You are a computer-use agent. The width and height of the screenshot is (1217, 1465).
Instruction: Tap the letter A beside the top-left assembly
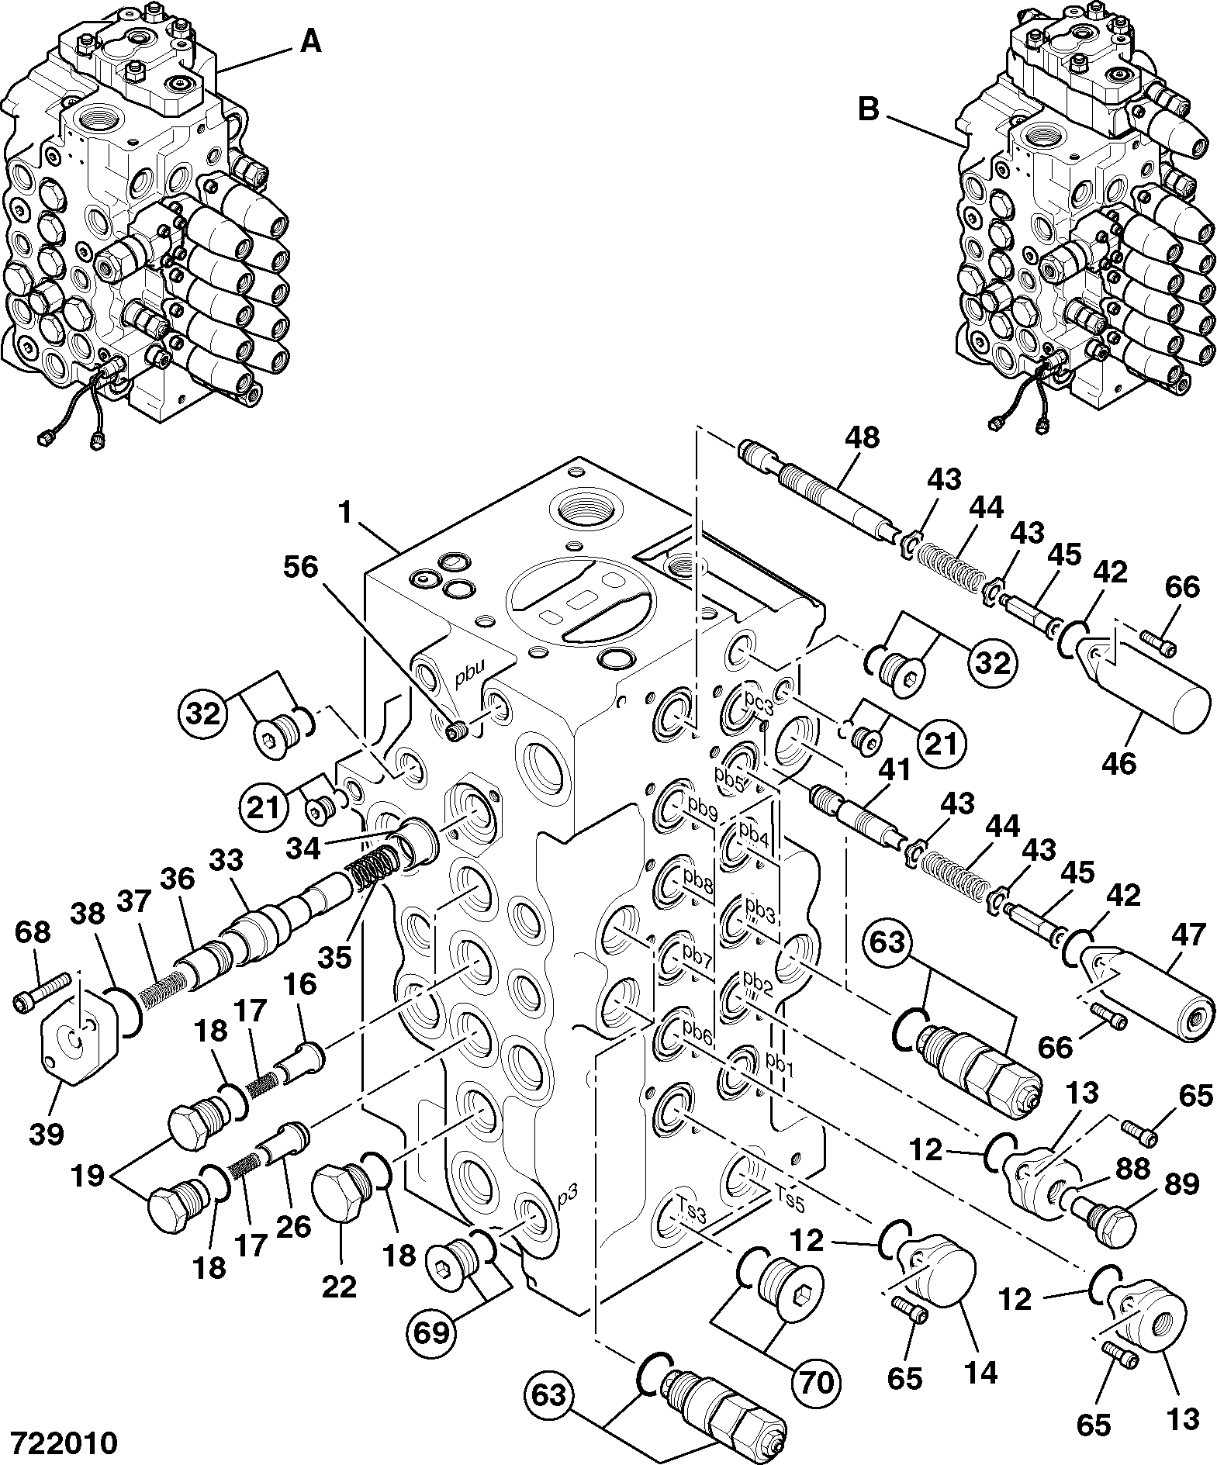[310, 43]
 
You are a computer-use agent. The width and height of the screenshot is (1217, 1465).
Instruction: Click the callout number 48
[862, 438]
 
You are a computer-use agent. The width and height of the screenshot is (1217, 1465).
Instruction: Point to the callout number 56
[300, 568]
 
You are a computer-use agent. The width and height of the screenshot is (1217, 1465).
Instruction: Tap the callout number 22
[339, 1287]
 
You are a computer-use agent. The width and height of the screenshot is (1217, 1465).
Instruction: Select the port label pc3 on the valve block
[759, 708]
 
